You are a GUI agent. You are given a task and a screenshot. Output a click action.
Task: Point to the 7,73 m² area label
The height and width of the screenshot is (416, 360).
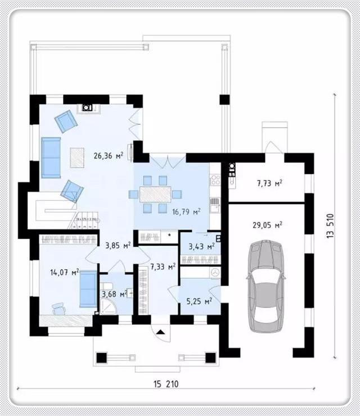(269, 183)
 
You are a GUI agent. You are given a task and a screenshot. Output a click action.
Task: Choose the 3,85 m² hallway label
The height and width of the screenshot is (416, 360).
(118, 245)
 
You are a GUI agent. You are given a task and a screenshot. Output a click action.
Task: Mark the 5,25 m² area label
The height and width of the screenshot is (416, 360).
(199, 301)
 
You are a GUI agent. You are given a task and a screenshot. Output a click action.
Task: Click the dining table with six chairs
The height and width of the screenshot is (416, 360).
(155, 195)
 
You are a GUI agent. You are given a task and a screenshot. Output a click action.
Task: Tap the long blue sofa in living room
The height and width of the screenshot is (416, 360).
(51, 157)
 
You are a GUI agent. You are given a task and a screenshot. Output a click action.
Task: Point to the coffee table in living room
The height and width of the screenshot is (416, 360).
(78, 157)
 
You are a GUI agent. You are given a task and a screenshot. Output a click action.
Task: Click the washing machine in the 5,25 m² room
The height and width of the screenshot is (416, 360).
(214, 272)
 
